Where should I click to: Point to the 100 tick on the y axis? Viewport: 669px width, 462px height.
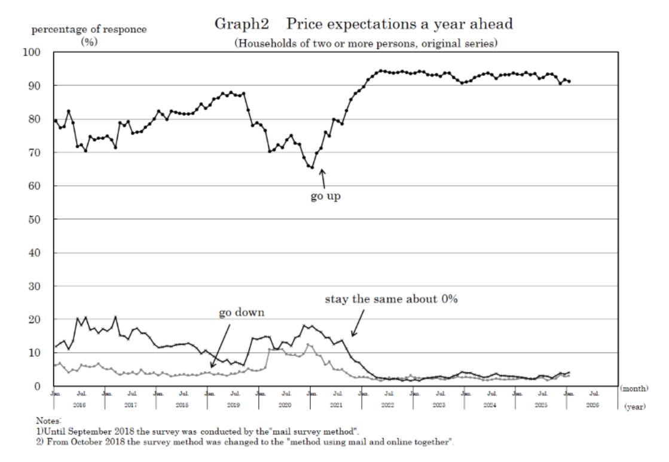[x=32, y=53]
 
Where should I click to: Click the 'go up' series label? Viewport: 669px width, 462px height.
[x=325, y=196]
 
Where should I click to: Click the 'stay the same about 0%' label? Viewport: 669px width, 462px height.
[x=391, y=299]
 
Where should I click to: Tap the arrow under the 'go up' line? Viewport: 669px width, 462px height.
[x=323, y=178]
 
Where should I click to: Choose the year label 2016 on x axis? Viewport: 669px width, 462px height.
[x=79, y=405]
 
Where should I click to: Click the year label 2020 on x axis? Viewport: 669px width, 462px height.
[x=285, y=405]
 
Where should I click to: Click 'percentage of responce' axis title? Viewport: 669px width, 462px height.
[x=89, y=29]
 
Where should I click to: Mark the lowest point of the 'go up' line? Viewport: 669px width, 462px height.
[x=312, y=167]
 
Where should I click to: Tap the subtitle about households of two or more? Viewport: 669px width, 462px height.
[x=366, y=43]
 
